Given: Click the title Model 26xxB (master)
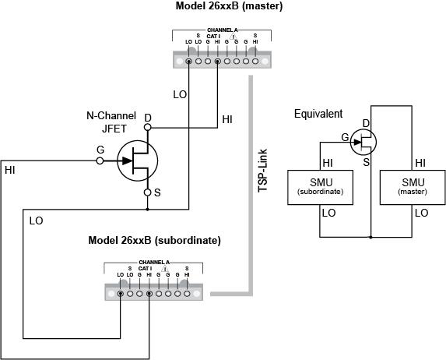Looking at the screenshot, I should pyautogui.click(x=230, y=7).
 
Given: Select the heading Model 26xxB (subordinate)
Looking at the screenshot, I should pyautogui.click(x=154, y=240).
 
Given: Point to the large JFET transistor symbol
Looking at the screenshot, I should pyautogui.click(x=137, y=162).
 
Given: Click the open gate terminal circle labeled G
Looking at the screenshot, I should pyautogui.click(x=100, y=161).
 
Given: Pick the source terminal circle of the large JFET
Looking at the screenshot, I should pyautogui.click(x=148, y=192).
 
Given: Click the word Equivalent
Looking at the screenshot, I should pyautogui.click(x=318, y=114).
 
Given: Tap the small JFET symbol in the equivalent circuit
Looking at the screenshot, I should pyautogui.click(x=363, y=141).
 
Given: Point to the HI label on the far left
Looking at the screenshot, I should pyautogui.click(x=10, y=169).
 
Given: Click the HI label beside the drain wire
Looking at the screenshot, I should pyautogui.click(x=227, y=119).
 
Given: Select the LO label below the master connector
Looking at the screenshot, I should pyautogui.click(x=179, y=94).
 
